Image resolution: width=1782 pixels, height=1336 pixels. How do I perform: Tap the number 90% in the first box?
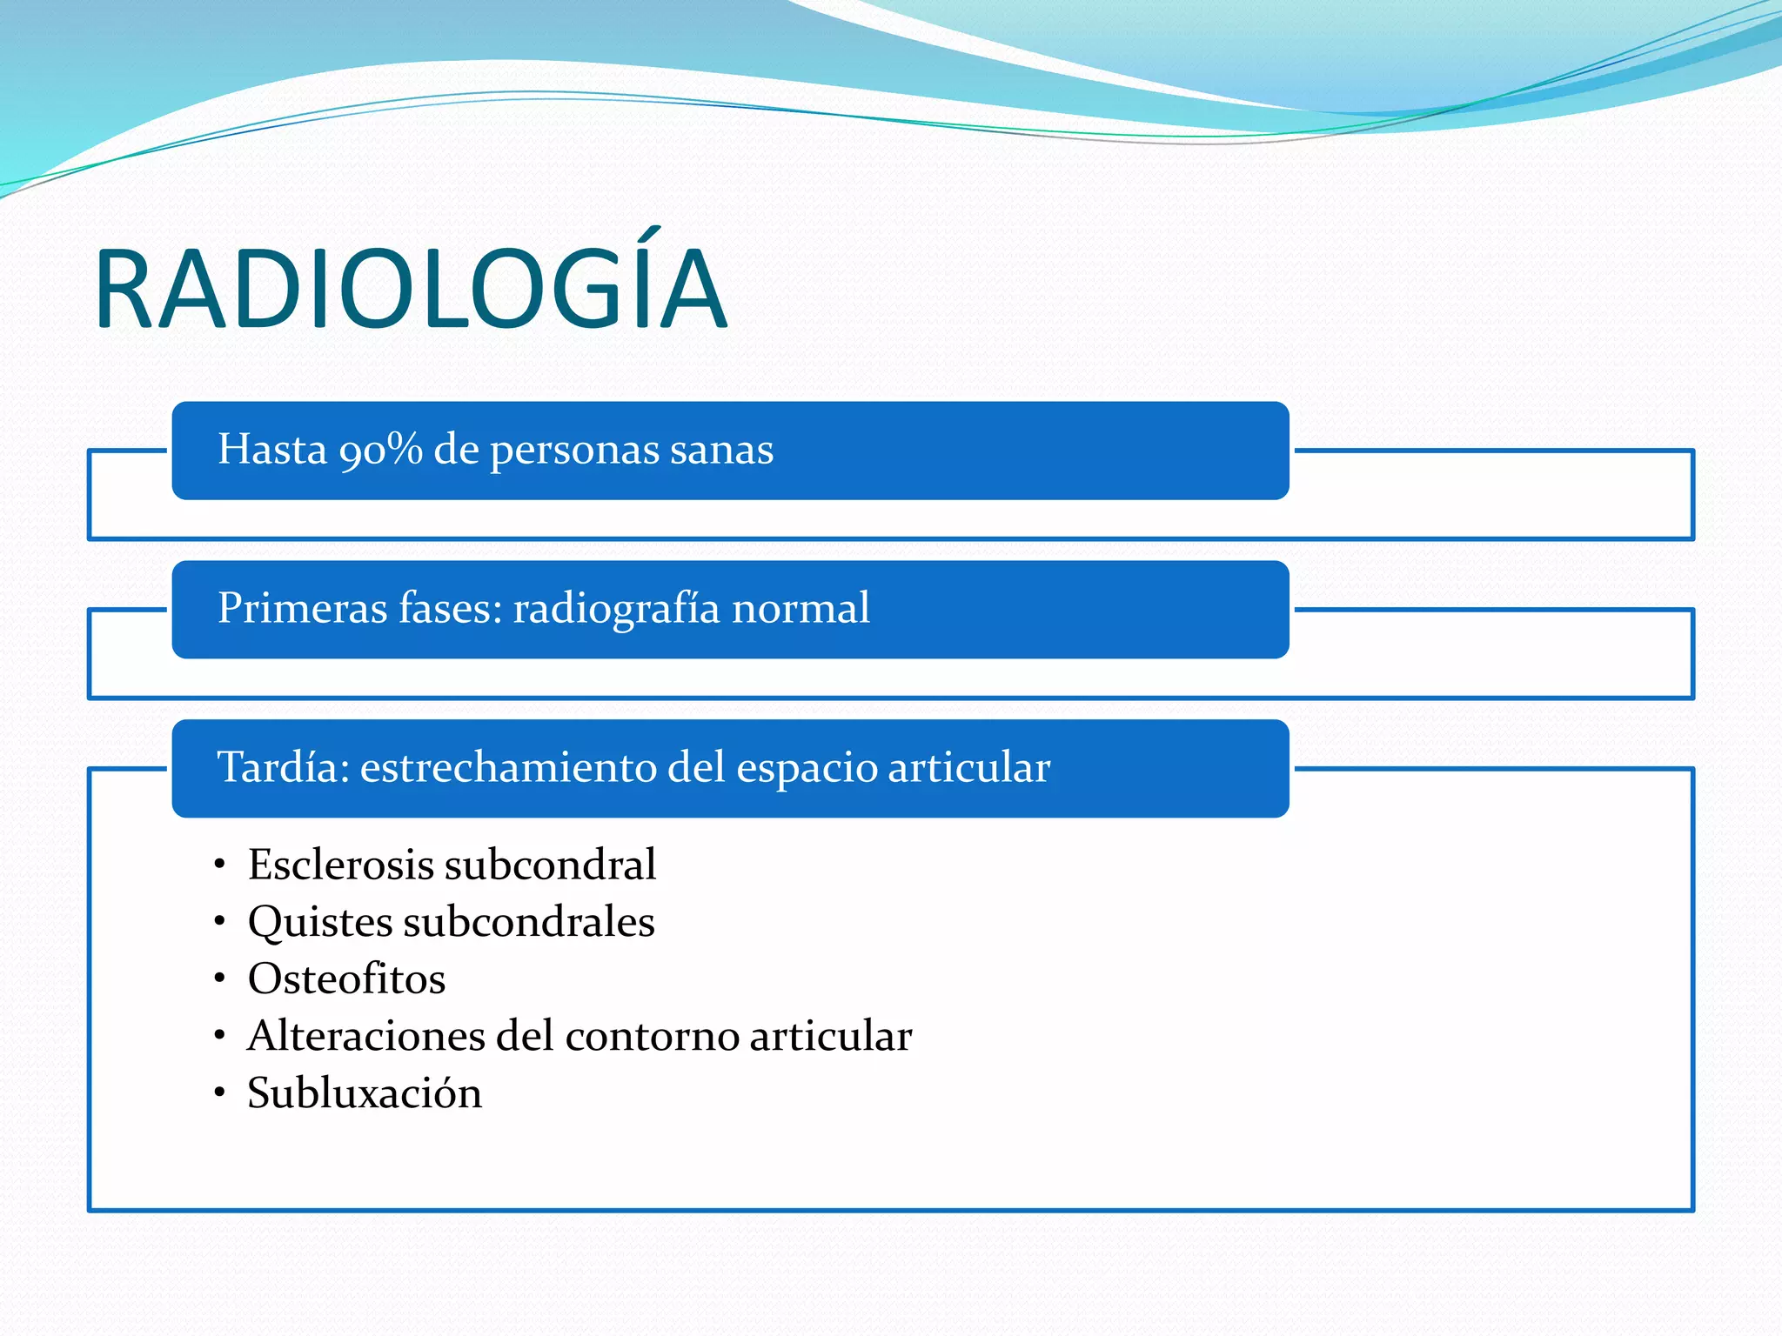click(381, 450)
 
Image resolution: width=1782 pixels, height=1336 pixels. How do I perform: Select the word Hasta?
click(271, 450)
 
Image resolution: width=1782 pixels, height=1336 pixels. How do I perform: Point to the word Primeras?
click(302, 608)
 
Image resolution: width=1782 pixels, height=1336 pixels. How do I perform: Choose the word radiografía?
click(616, 608)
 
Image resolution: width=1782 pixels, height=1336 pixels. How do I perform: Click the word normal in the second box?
click(801, 608)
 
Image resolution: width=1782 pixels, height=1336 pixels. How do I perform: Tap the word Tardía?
click(283, 767)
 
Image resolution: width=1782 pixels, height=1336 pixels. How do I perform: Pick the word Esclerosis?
click(340, 865)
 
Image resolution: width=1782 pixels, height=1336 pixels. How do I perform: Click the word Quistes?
click(319, 922)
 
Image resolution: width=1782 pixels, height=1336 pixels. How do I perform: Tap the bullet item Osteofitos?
click(346, 979)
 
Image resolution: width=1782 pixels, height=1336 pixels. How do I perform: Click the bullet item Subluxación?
click(365, 1093)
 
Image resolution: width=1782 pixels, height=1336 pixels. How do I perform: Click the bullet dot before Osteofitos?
click(220, 979)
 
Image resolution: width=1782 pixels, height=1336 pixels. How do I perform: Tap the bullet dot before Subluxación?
click(220, 1092)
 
